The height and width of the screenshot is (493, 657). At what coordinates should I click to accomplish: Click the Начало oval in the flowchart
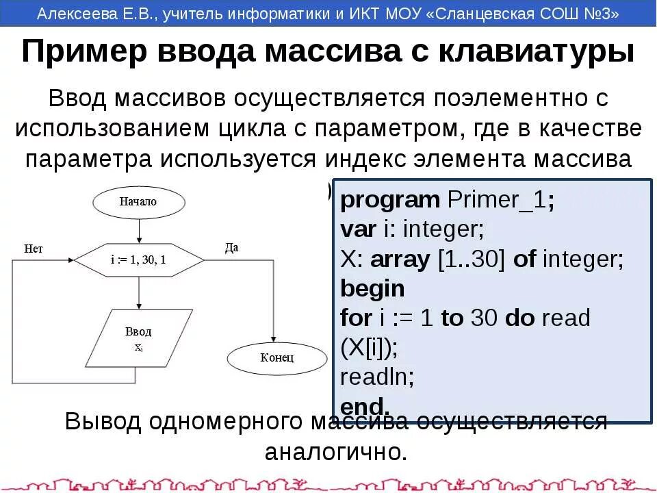tap(138, 202)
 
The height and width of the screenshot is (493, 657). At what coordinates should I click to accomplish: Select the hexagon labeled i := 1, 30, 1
tap(138, 260)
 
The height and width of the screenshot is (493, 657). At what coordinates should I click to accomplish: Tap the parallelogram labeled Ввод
tap(138, 338)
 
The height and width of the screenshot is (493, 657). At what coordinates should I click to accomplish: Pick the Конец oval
tap(276, 357)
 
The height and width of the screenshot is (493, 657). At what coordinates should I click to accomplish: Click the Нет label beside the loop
tap(34, 249)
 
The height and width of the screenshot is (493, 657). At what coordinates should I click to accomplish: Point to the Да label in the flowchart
tap(231, 248)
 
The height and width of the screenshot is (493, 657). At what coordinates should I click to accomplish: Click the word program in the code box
tap(390, 201)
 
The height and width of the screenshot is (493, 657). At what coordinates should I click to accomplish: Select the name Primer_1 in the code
tap(497, 201)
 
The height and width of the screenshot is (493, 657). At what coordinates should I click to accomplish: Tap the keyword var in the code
tap(358, 230)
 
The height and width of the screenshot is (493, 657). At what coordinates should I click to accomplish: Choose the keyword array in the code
tap(400, 260)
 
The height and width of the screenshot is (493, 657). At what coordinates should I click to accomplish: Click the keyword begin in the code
tap(372, 289)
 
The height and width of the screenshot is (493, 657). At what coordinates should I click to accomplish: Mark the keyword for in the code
tap(356, 318)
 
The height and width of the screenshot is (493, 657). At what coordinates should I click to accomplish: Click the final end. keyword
tap(365, 406)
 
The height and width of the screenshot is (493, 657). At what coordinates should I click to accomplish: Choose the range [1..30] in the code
tap(471, 260)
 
